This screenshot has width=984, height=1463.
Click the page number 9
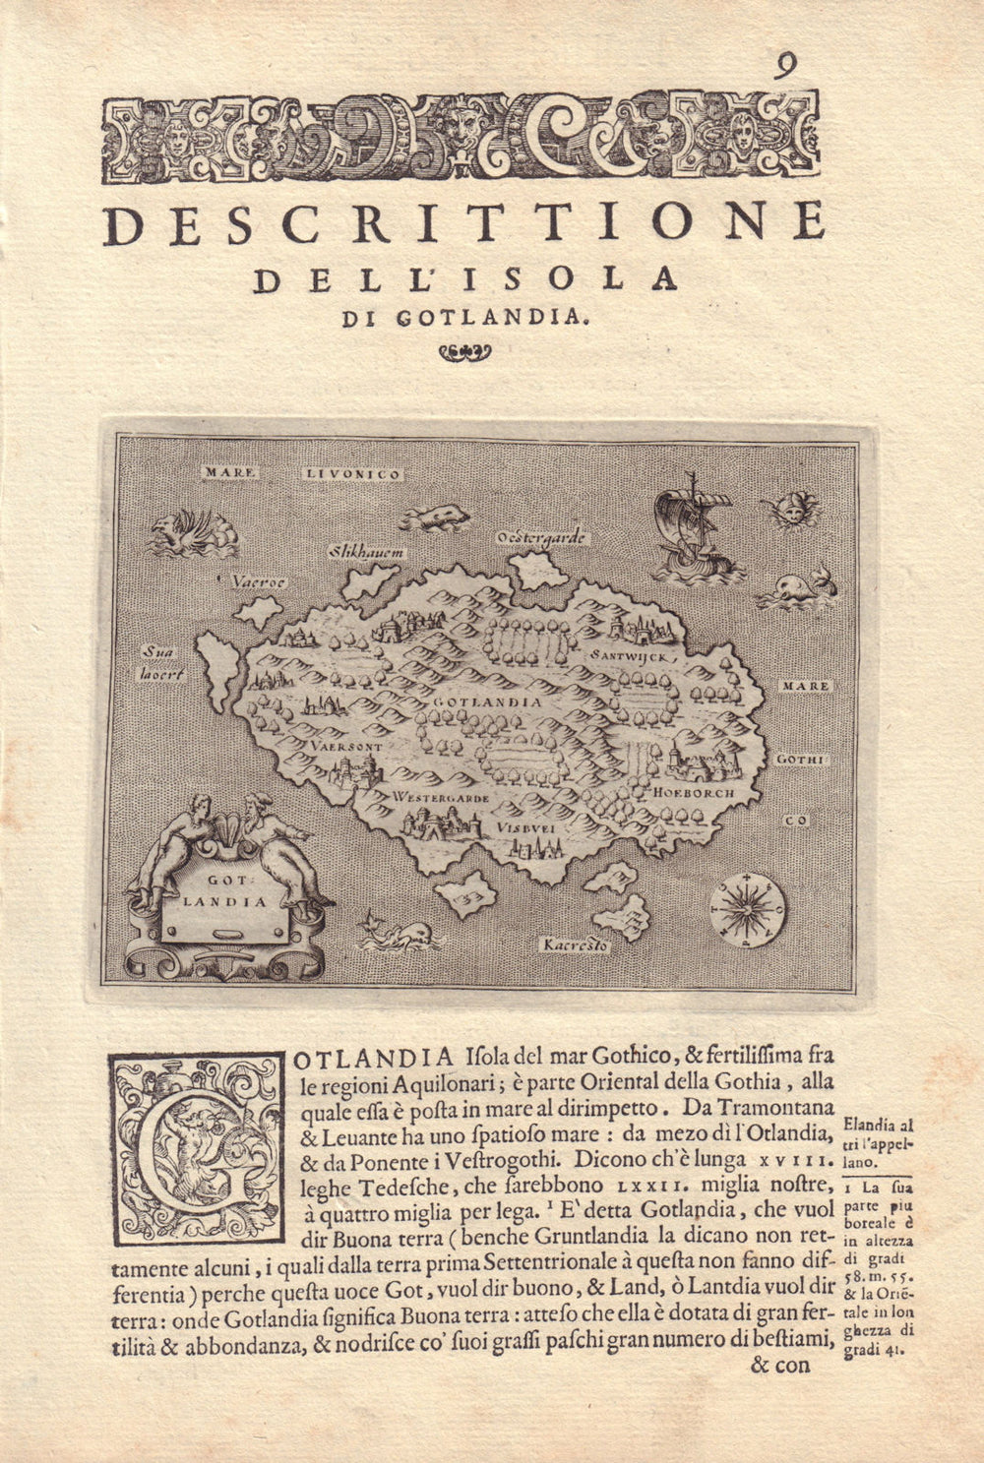coord(785,66)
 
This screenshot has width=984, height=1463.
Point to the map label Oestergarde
coord(542,537)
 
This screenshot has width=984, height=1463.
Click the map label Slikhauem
coord(367,553)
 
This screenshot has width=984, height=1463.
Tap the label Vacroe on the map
coord(259,581)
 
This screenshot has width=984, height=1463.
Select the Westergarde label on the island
coord(440,798)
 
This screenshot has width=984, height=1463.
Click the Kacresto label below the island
coord(577,946)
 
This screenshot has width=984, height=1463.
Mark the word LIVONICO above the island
coord(352,474)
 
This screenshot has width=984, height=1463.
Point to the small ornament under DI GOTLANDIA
coord(463,353)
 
